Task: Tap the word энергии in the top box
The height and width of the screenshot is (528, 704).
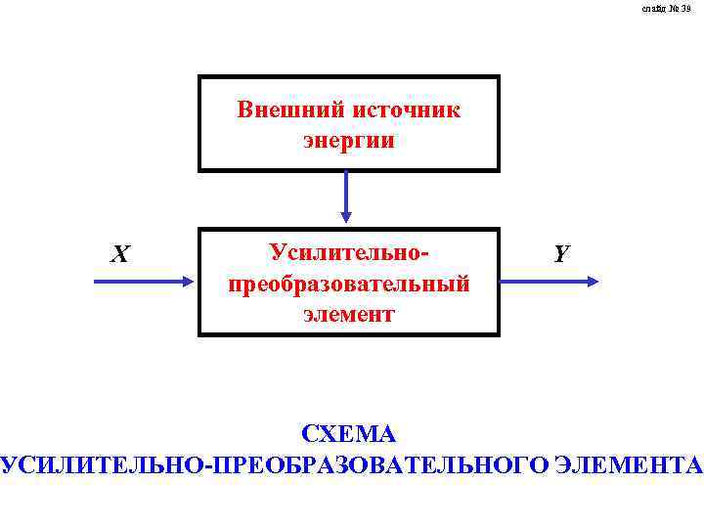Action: [x=349, y=141]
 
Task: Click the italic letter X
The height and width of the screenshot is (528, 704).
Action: [x=119, y=255]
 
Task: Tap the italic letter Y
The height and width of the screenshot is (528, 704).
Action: [x=560, y=254]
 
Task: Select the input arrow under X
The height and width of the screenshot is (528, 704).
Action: [x=142, y=282]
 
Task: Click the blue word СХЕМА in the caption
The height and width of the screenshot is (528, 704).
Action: [x=349, y=433]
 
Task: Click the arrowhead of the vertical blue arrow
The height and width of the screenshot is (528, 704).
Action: [x=346, y=216]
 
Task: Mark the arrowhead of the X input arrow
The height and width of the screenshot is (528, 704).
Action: [x=189, y=282]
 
